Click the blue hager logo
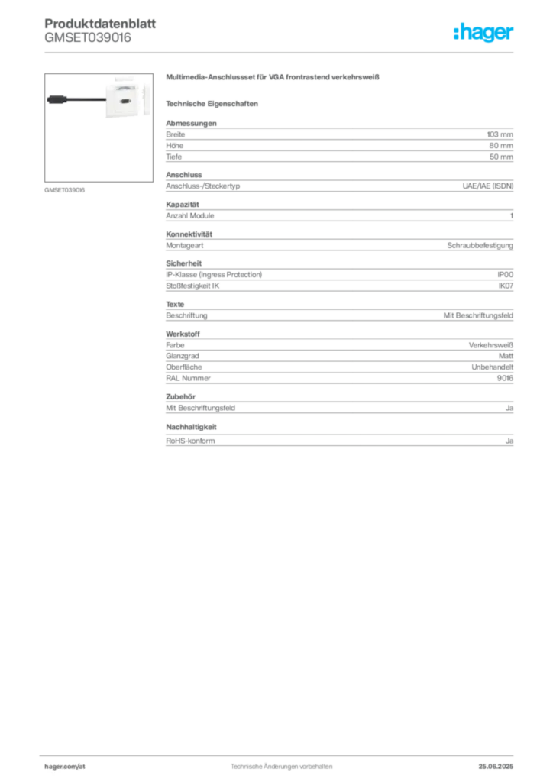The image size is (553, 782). tap(483, 33)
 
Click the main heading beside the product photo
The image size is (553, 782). tap(273, 79)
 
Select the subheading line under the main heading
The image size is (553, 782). tap(214, 103)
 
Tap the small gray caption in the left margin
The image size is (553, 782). tap(63, 189)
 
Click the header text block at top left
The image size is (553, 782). tap(89, 31)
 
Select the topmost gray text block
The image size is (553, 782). tap(338, 141)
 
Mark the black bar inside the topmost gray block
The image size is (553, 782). tap(336, 154)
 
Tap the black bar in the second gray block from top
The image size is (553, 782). tap(351, 185)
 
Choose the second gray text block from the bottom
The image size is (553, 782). tap(338, 405)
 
